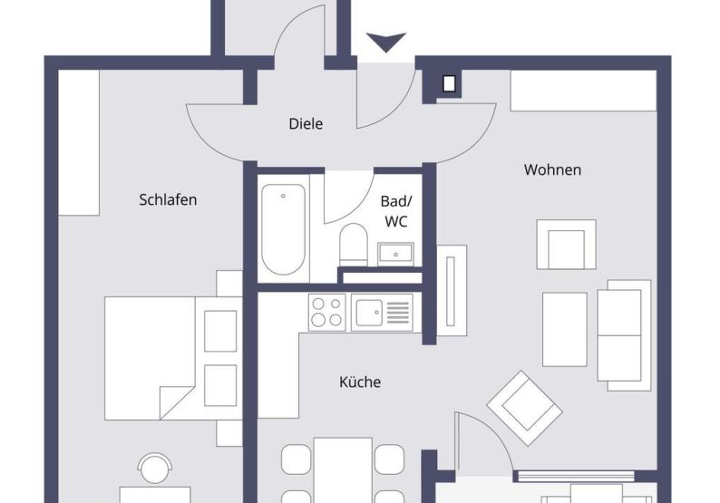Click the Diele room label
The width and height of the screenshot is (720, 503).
pyautogui.click(x=306, y=124)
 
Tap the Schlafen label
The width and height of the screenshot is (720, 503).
pyautogui.click(x=168, y=199)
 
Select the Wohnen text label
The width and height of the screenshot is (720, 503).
pyautogui.click(x=552, y=169)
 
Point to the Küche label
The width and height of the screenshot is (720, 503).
pyautogui.click(x=360, y=382)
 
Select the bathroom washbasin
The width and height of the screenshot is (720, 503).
pyautogui.click(x=395, y=253)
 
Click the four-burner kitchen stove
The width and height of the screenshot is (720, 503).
pyautogui.click(x=327, y=313)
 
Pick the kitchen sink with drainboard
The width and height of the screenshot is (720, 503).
pyautogui.click(x=382, y=313)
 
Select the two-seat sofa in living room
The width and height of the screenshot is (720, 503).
pyautogui.click(x=624, y=334)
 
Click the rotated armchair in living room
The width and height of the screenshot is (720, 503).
pyautogui.click(x=524, y=408)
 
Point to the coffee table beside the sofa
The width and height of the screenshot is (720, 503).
pyautogui.click(x=564, y=329)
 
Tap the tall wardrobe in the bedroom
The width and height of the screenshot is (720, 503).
pyautogui.click(x=80, y=142)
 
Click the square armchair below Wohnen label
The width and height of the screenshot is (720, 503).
pyautogui.click(x=566, y=245)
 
